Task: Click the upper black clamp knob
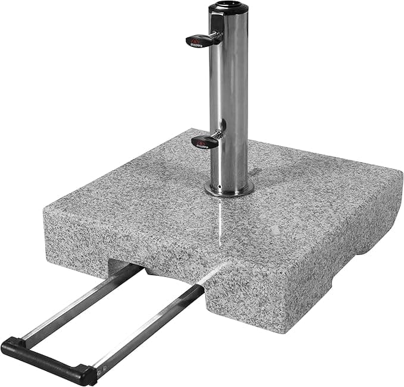coord(200,40)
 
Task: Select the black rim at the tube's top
coord(229,8)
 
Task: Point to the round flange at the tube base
coord(229,189)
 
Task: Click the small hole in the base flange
coord(221,192)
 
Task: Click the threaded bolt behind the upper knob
coord(218,37)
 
